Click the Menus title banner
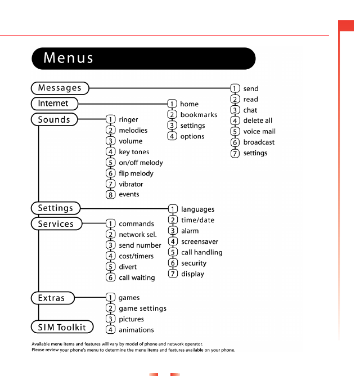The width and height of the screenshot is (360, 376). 143,58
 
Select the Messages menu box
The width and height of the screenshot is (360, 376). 60,88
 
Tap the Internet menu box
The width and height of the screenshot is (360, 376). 53,104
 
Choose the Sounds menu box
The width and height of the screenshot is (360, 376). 54,119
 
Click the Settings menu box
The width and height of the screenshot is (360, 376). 56,208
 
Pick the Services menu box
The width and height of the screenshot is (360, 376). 56,223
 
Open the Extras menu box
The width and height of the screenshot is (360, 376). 52,298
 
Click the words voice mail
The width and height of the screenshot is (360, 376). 259,132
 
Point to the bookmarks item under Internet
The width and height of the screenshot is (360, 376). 199,115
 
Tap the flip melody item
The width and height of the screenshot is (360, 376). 136,173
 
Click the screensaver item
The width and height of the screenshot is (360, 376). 200,241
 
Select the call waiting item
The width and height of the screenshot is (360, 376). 137,277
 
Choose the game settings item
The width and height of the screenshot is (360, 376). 142,308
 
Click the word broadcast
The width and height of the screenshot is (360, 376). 259,142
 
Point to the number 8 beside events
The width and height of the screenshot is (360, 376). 111,195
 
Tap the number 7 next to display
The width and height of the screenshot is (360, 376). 173,274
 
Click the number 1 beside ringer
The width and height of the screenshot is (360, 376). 111,120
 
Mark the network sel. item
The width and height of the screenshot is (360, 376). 138,235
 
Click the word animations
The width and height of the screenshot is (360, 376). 136,330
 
